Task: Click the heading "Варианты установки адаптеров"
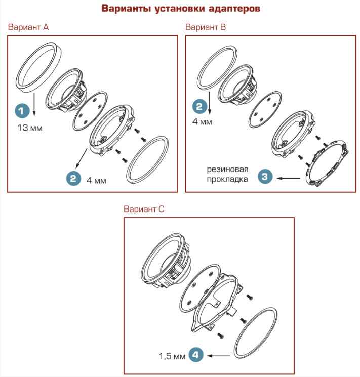[x=180, y=9]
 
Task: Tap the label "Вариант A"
[x=28, y=27]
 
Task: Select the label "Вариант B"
[x=206, y=27]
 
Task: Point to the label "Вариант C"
[x=144, y=208]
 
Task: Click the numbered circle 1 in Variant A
[x=22, y=111]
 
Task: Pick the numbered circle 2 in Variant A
[x=73, y=178]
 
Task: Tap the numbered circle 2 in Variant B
[x=199, y=106]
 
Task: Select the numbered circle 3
[x=265, y=177]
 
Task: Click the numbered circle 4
[x=195, y=355]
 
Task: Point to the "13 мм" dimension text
[x=30, y=128]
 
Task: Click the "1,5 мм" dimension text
[x=172, y=356]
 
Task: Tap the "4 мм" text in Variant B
[x=202, y=121]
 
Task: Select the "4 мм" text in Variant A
[x=97, y=180]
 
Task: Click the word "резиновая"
[x=228, y=169]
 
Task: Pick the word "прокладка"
[x=227, y=179]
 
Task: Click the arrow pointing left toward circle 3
[x=288, y=178]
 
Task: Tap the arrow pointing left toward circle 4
[x=219, y=356]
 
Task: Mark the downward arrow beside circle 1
[x=34, y=104]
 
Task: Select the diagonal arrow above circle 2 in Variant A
[x=82, y=158]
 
